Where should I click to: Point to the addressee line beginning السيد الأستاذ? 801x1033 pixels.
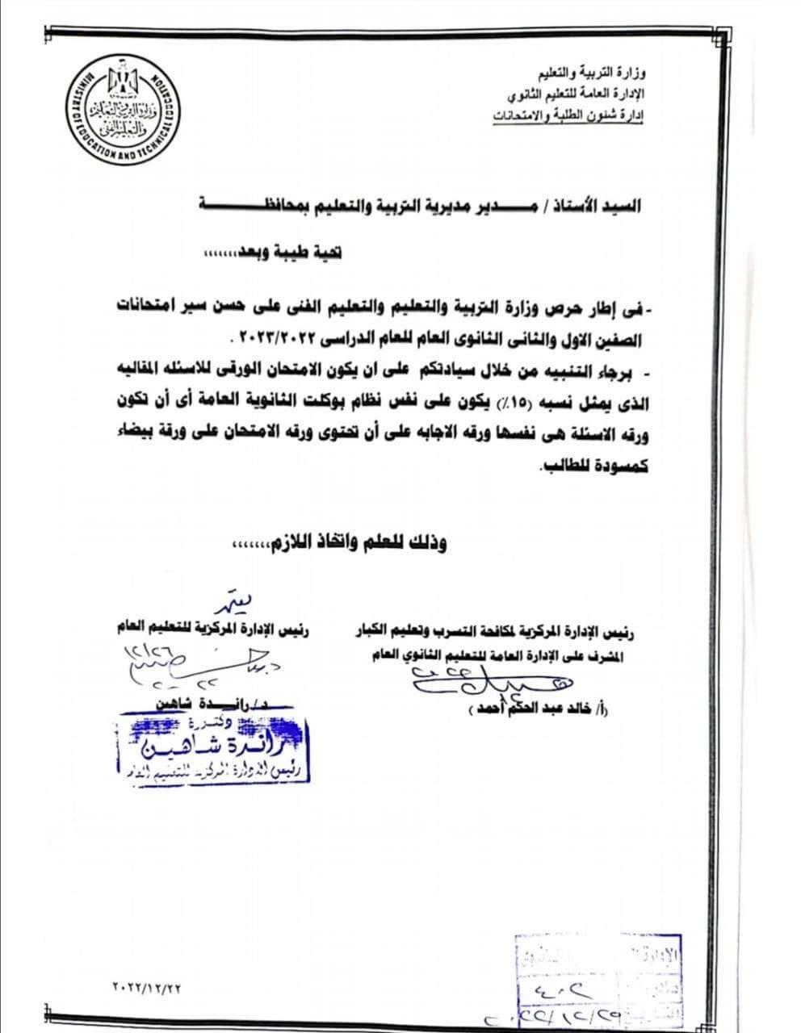[x=420, y=206]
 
